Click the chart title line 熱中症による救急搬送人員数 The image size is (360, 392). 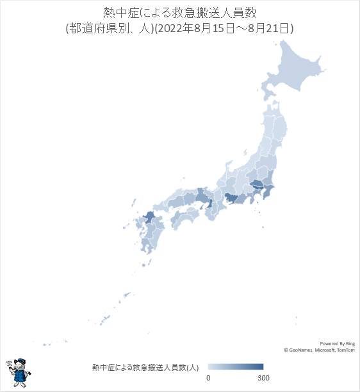pos(179,13)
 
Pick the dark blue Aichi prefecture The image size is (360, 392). pos(230,199)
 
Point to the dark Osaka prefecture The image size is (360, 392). pos(209,206)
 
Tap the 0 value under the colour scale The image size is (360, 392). pos(208,378)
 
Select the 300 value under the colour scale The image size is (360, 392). pos(263,378)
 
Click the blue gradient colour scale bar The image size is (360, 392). pos(236,367)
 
